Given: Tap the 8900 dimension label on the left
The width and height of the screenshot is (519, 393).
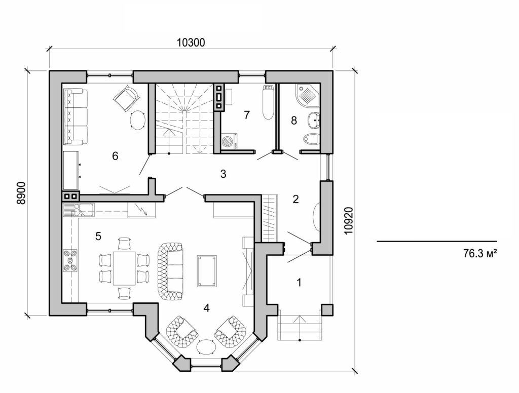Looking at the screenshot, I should click(21, 192).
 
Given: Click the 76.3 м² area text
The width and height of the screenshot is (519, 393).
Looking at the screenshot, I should click(479, 253).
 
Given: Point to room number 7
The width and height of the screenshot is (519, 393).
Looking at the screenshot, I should click(246, 115).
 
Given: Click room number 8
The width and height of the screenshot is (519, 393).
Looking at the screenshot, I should click(293, 120).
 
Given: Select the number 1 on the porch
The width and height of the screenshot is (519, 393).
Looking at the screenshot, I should click(299, 282).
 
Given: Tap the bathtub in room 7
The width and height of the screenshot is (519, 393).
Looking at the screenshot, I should click(268, 103).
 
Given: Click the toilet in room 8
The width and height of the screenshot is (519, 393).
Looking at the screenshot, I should click(310, 139).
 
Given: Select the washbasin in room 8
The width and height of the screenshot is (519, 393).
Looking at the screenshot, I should click(313, 121).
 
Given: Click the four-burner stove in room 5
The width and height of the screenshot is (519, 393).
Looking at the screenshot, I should click(69, 260).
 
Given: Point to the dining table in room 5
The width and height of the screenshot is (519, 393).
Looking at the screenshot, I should click(124, 268).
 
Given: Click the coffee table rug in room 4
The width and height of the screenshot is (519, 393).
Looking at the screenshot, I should click(207, 271).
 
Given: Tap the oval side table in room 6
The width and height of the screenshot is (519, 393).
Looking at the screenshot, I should click(137, 121).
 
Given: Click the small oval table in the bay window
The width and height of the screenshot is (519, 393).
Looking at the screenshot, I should click(206, 348).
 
